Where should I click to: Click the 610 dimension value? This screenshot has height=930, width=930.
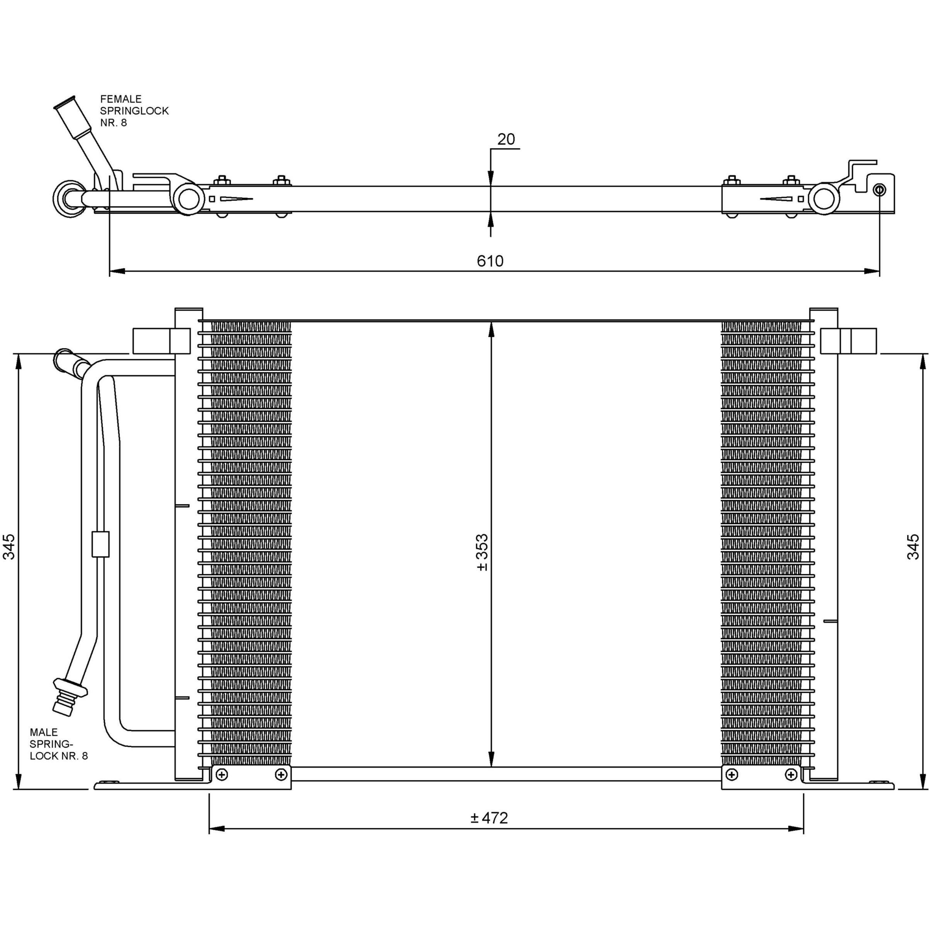point(490,261)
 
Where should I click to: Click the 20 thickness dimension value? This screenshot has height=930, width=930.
point(506,139)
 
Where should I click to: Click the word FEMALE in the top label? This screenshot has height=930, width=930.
point(121,99)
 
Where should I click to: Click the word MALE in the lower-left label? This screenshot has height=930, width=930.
point(43,732)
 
